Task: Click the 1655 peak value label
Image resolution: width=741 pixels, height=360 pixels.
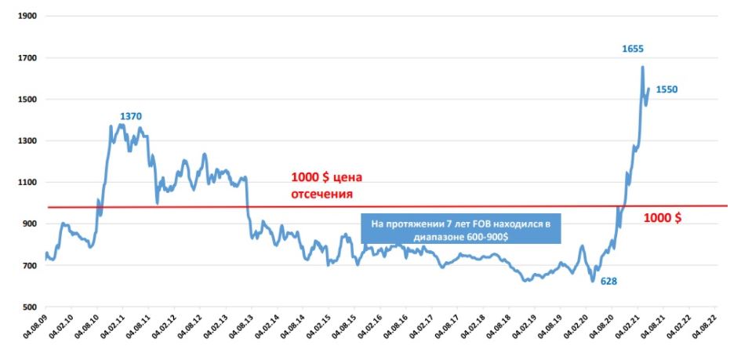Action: click(x=633, y=49)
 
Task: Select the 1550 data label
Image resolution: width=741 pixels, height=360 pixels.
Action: click(x=667, y=89)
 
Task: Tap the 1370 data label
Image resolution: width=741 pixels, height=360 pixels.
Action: click(x=131, y=116)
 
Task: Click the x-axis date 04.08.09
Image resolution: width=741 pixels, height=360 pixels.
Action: click(x=36, y=334)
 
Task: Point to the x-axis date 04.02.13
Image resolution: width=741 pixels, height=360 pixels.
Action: click(x=216, y=334)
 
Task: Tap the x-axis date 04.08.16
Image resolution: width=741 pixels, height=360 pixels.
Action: click(x=396, y=334)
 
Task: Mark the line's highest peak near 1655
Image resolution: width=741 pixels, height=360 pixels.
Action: click(x=642, y=67)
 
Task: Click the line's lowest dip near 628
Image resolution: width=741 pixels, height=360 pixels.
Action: click(x=593, y=280)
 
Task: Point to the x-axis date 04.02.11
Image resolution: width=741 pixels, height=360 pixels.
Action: click(x=113, y=334)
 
